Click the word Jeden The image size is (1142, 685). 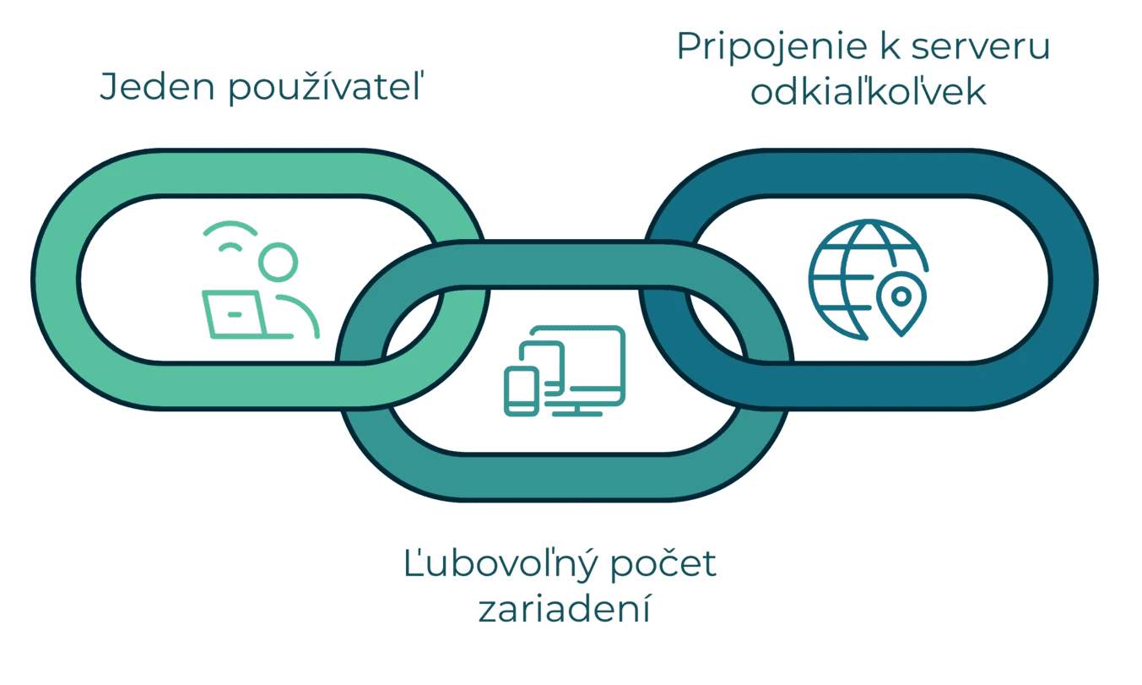point(157,87)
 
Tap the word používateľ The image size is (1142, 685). point(326,87)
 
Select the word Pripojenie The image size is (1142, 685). point(771,48)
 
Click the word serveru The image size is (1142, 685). point(981,47)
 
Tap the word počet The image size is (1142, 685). point(663,563)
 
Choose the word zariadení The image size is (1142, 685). point(565,608)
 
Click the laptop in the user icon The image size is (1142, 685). point(247,315)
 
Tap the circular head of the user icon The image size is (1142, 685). point(278,262)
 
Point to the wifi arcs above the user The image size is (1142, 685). point(230,236)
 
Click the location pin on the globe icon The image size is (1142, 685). point(901,303)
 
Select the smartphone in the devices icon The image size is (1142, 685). point(522,391)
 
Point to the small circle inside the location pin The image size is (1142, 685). point(901,296)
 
